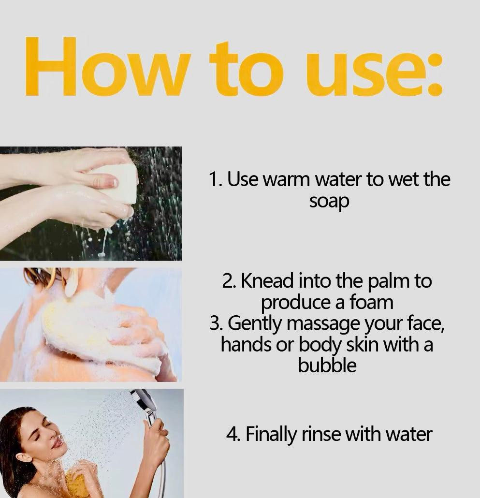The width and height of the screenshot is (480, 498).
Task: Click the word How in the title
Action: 108,66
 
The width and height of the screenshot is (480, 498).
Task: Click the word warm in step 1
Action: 286,179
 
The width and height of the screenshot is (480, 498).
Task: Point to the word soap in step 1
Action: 329,202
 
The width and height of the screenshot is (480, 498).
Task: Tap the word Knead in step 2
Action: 267,281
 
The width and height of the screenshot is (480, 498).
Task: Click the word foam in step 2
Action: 371,302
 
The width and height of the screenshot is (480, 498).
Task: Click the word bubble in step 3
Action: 327,365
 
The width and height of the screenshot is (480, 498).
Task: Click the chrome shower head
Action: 145,401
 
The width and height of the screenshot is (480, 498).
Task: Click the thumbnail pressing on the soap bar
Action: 111,182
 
